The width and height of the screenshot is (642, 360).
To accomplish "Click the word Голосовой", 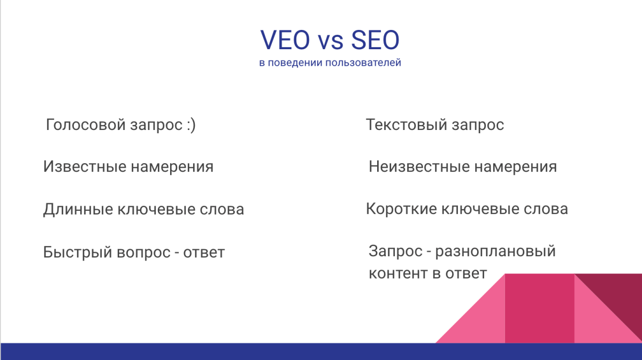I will point(86,125).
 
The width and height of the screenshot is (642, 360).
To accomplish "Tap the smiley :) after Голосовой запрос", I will point(191,125).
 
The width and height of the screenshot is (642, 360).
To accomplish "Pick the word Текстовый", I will point(406,125).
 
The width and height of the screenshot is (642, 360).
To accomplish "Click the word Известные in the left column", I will point(84,167).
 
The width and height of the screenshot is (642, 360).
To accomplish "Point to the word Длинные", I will point(78,209).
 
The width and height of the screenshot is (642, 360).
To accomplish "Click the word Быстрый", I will point(77,252).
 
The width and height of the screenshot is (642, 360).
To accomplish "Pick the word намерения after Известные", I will point(172,167).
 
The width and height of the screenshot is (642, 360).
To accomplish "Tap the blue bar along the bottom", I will point(321,351).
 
